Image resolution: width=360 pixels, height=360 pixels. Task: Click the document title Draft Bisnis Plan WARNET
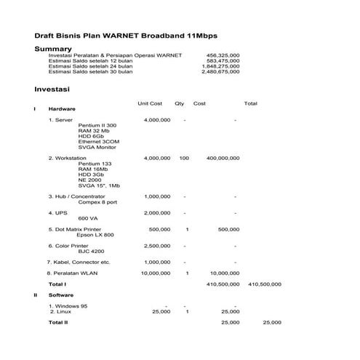pos(126,35)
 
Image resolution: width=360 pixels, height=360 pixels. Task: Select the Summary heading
pos(53,49)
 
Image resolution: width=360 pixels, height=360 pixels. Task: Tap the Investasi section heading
pos(52,90)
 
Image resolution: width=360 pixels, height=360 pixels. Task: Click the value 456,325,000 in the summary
pos(223,55)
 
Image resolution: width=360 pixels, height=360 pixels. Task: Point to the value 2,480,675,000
pos(220,72)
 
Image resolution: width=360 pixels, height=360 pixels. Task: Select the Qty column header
pos(180,103)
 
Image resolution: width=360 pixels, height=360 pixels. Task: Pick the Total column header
pos(251,103)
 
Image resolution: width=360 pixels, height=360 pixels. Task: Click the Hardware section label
pos(62,109)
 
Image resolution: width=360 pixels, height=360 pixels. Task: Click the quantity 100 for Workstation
pos(184,158)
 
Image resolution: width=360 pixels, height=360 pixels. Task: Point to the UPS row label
pos(58,213)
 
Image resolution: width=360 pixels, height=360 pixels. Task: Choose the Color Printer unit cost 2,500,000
pos(157,246)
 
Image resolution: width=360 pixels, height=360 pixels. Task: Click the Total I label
pos(57,284)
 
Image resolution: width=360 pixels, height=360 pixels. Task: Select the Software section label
pos(61,295)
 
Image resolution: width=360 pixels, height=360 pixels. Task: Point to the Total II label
pos(58,321)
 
